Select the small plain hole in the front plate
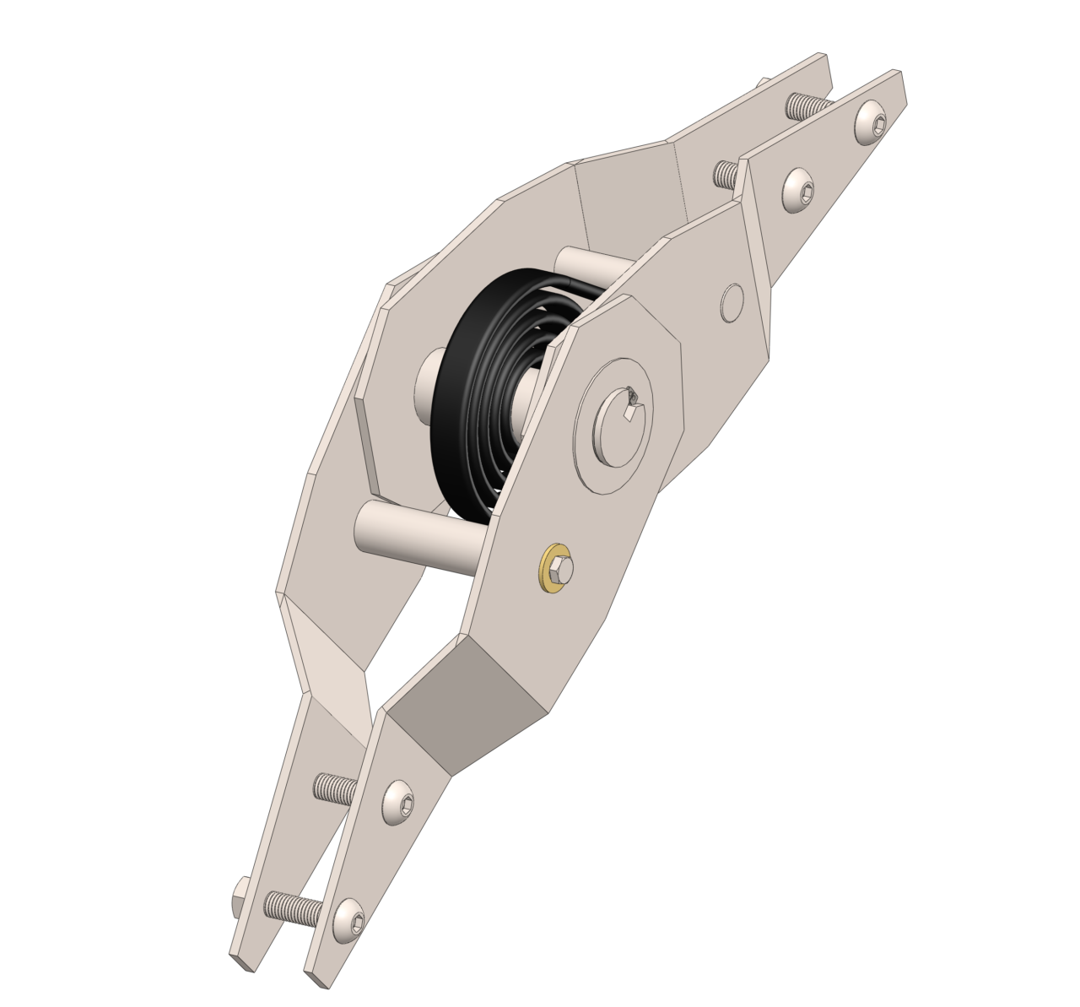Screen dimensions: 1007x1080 (x=732, y=301)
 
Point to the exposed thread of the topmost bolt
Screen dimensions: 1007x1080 (x=805, y=106)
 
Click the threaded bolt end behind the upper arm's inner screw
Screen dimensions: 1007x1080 (x=725, y=174)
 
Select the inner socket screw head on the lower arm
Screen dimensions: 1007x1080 (x=399, y=802)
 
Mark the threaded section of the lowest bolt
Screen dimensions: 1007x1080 (x=292, y=907)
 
